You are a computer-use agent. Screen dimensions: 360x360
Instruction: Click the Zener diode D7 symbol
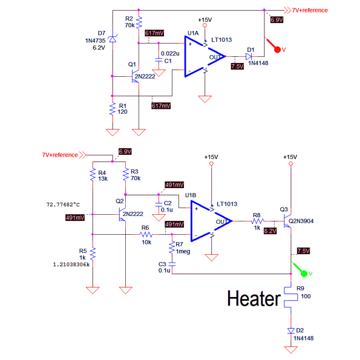coord(113,39)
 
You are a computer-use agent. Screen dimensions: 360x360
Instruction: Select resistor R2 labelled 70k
coord(139,23)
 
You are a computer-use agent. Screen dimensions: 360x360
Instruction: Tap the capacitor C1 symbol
coord(159,60)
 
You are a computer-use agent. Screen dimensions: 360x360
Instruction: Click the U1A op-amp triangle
coord(205,56)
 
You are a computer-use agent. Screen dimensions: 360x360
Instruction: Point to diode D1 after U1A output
coord(249,56)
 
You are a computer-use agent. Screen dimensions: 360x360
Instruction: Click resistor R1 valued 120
coord(113,109)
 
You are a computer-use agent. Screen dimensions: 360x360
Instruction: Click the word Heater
coord(254,298)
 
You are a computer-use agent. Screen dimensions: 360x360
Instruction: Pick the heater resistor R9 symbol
coord(291,297)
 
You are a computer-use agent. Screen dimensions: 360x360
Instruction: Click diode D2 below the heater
coord(291,331)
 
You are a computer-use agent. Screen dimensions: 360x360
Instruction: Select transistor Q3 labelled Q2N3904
coord(287,221)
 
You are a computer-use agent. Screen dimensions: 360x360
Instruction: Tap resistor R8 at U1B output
coord(258,221)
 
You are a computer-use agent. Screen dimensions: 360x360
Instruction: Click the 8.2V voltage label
coord(270,231)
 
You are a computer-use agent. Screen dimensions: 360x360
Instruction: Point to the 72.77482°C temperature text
coord(63,205)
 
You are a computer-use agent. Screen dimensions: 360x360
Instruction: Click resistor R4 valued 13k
coord(93,175)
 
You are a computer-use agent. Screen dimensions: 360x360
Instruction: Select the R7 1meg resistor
coord(172,247)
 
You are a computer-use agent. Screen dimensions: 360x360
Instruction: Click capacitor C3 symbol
coord(172,264)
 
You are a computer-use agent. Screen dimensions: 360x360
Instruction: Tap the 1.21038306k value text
coord(71,264)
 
